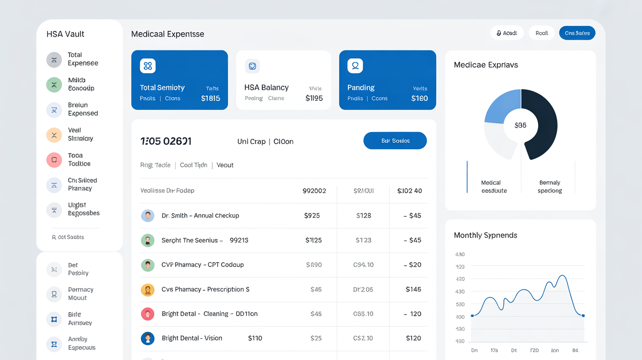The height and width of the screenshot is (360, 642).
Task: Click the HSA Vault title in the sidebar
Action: coord(66,34)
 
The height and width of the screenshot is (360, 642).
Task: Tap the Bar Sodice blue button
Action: coord(395,141)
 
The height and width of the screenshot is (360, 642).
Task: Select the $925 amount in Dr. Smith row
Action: coord(312,216)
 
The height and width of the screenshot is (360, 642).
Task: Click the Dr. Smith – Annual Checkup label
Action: coord(200,216)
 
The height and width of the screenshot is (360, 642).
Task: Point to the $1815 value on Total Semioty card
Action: coord(210,98)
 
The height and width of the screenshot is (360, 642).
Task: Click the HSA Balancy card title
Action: coord(266,88)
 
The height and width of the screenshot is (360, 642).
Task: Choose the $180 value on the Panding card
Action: coord(419,98)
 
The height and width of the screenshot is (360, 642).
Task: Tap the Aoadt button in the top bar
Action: coord(507,33)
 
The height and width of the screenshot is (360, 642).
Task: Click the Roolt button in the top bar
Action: coord(542,33)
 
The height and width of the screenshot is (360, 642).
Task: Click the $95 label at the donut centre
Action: coord(521,125)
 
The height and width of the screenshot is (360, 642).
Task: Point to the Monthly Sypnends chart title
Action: coord(485,235)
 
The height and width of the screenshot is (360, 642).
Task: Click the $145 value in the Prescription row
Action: coord(413,290)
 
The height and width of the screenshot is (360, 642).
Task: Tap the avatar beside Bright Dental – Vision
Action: coord(148,338)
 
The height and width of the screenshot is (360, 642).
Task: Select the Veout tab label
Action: coord(225,165)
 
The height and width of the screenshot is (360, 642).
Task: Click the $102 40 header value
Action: coord(410,191)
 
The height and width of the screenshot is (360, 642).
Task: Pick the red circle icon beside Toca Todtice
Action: coord(54,159)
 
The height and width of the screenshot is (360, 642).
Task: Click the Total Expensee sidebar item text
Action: coord(83,59)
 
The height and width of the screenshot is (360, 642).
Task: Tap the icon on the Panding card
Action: coord(355,66)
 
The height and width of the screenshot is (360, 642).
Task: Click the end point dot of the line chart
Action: coord(583,315)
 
